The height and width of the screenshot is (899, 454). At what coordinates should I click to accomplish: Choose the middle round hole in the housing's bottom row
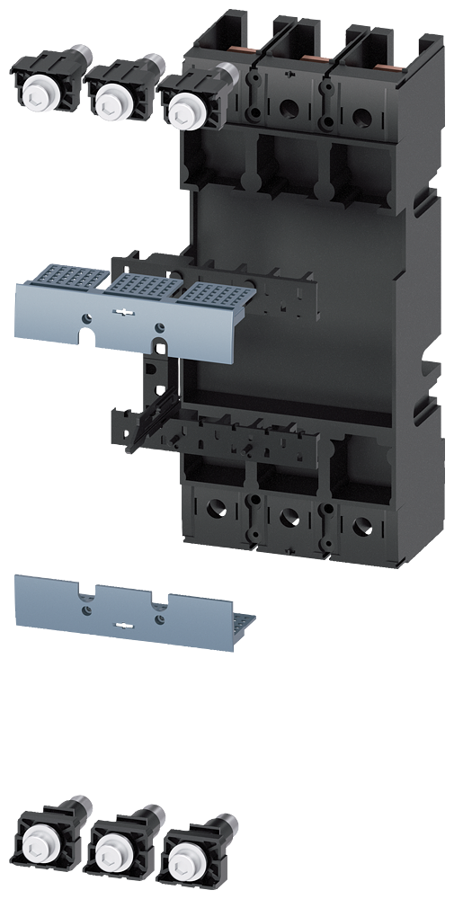point(289,517)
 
